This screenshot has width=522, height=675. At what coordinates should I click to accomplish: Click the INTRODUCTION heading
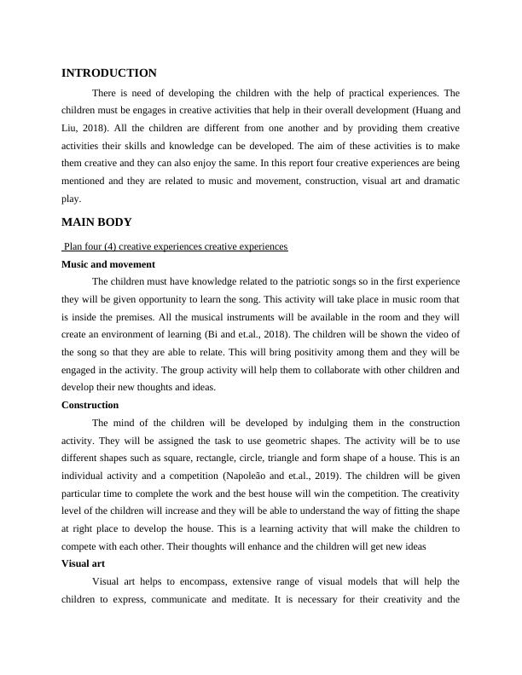click(109, 73)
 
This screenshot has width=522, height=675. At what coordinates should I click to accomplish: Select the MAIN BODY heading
click(96, 222)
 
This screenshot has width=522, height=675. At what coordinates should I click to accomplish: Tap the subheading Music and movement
click(108, 264)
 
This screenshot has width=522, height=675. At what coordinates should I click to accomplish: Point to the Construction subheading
click(90, 405)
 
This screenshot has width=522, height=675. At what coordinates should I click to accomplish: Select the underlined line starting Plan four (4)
click(175, 246)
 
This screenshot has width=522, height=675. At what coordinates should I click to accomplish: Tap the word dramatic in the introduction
click(437, 182)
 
